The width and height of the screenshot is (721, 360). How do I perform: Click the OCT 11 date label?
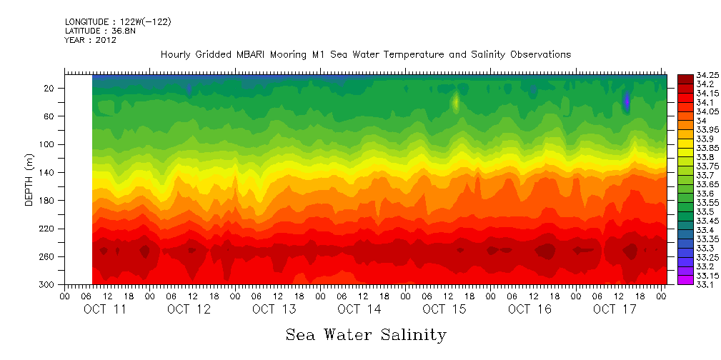coord(104,309)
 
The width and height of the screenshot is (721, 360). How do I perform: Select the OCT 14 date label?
coord(359,309)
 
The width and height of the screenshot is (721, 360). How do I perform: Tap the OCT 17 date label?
coord(614,309)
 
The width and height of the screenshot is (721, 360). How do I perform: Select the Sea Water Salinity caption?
coord(366,335)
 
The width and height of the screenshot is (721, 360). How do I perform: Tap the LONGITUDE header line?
coord(118,22)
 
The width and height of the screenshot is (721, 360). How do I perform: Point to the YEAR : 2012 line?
coord(90,41)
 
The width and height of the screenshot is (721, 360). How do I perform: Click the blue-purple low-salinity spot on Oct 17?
coord(627,101)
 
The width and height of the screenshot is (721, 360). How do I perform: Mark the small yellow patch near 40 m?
coord(455,102)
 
